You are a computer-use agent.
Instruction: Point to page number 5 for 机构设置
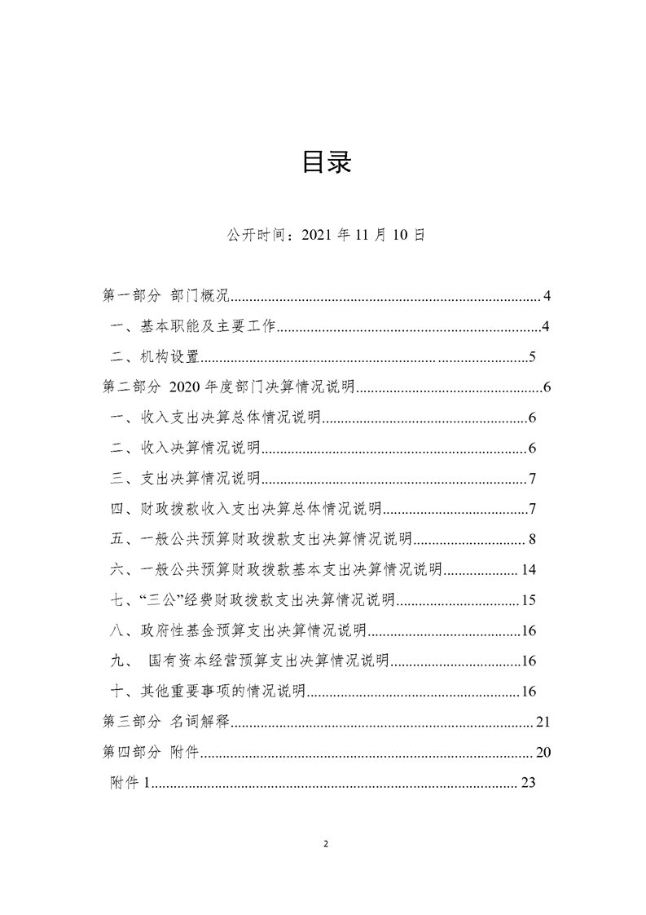click(531, 357)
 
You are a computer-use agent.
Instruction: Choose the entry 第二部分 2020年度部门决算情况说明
click(226, 387)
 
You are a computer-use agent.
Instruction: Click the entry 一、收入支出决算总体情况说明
click(217, 418)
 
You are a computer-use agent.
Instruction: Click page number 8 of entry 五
click(531, 539)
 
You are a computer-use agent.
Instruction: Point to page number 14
click(528, 569)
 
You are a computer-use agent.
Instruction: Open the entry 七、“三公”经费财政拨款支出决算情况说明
click(253, 600)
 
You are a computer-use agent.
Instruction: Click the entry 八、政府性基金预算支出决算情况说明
click(240, 630)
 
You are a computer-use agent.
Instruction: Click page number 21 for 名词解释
click(544, 722)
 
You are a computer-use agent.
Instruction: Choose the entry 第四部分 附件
click(147, 752)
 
